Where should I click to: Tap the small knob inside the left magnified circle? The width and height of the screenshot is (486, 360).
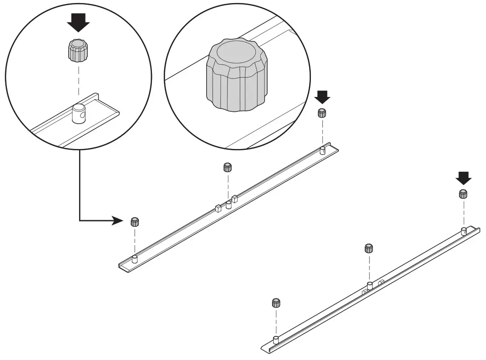[x=78, y=50]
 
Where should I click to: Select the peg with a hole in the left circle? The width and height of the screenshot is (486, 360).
[x=79, y=114]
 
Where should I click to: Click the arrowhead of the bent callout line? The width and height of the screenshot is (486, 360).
[x=118, y=221]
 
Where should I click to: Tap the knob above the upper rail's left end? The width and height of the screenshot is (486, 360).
[x=135, y=221]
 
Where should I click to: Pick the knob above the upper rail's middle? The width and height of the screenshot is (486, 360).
[x=227, y=167]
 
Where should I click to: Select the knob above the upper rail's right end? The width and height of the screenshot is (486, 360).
[x=322, y=112]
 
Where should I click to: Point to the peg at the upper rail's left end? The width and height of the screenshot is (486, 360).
[x=134, y=259]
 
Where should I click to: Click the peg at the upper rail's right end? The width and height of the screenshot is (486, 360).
[x=322, y=150]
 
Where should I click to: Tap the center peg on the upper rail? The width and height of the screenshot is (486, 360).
[x=228, y=205]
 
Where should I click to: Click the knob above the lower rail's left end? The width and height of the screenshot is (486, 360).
[x=276, y=303]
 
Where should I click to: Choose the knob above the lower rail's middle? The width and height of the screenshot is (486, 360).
[x=369, y=248]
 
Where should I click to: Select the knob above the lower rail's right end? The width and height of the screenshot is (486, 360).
[x=463, y=194]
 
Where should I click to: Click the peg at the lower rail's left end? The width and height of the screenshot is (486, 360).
[x=276, y=340]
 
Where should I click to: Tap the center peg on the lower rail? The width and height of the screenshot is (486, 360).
[x=369, y=286]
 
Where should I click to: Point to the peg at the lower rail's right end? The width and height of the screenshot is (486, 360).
[x=463, y=231]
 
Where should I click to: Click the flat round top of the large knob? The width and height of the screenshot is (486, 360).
[x=236, y=53]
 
